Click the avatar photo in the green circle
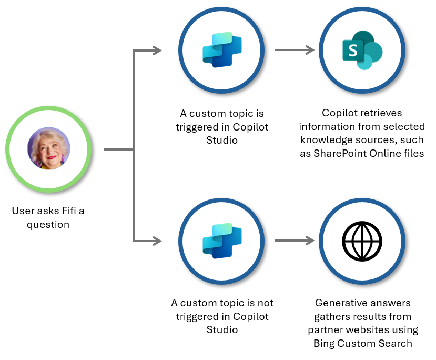tap(48, 149)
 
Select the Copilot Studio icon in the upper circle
tap(222, 50)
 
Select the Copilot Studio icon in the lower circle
tap(222, 241)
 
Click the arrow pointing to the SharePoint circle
tap(295, 51)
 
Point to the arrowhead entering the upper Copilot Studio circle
tap(157, 51)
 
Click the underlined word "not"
tap(265, 303)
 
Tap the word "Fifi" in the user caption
tap(68, 211)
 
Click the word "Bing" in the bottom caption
tap(325, 344)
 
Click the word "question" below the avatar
tap(48, 225)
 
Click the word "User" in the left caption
tap(22, 211)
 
